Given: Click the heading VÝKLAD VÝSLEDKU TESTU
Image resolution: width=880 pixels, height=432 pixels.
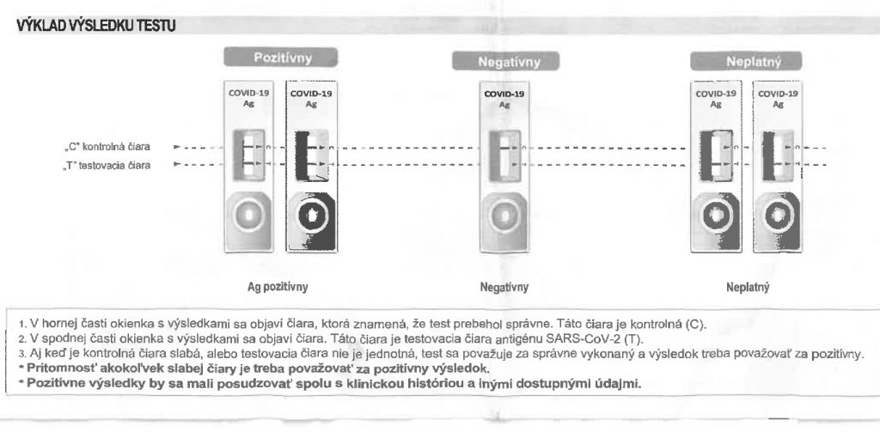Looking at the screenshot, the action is coord(96,26).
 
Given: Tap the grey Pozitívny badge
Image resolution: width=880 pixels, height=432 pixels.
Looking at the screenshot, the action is coord(281,58).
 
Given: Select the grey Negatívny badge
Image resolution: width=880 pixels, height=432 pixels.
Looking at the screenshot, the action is coord(505,61).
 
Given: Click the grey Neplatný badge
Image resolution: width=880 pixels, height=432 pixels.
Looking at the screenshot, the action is coord(746,61).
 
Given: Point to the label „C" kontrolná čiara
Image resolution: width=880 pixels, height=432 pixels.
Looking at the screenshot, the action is coord(107,148).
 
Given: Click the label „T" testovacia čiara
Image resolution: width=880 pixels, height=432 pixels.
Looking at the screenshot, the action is coord(107,166).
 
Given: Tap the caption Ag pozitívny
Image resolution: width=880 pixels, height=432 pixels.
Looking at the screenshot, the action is coord(278,287).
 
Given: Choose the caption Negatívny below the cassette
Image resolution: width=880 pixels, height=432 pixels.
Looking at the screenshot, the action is coord(504,287).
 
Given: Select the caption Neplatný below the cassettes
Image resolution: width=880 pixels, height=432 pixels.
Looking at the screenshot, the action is coord(749,287).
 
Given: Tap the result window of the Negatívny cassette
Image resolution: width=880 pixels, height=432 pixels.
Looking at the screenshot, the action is coord(504,155).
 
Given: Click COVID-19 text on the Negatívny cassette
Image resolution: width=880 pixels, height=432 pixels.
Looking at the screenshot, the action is coord(504,94).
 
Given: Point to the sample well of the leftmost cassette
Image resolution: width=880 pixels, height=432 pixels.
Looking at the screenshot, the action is coord(249,216).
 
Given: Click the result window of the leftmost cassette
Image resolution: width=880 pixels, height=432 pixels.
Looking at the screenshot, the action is coord(248,155).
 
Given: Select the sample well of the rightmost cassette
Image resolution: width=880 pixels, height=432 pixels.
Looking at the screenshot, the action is coord(777,216).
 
